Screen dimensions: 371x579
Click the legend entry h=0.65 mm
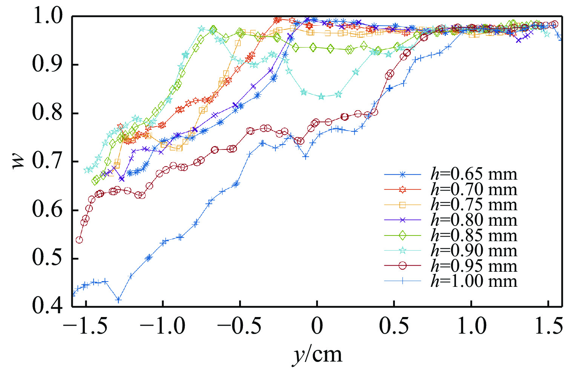pos(474,174)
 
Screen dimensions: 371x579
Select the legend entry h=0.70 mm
pos(474,189)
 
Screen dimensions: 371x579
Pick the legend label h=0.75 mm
pos(474,205)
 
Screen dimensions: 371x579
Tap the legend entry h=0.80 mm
pos(474,220)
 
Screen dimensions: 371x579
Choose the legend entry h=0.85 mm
pos(474,236)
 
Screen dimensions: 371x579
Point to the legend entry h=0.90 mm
pos(474,251)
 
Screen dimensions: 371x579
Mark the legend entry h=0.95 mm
pos(474,266)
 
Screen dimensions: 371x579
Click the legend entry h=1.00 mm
pos(474,281)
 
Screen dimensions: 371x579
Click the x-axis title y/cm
pos(317,355)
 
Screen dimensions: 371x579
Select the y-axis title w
pos(19,161)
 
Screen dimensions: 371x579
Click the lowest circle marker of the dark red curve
pos(79,240)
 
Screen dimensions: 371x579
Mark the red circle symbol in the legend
pos(402,266)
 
